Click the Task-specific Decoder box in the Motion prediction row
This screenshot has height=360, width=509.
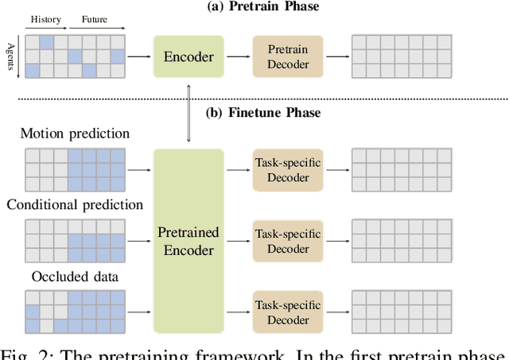coord(287,168)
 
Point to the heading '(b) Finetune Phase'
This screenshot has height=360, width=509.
coord(263,112)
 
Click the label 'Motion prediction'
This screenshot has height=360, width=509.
coord(75,133)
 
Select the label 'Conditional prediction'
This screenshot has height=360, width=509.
coord(75,204)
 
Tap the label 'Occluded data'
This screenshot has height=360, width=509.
coord(75,276)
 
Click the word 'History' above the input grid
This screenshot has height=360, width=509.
coord(45,17)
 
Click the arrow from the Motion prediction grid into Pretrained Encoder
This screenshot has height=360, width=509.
coord(138,168)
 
